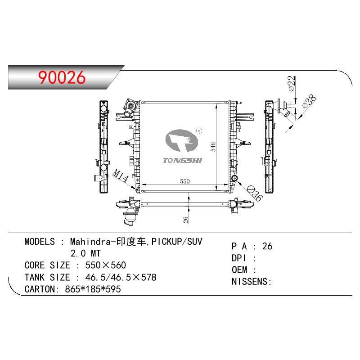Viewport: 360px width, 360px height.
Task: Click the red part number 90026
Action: point(62,77)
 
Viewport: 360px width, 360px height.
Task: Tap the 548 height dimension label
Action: point(213,147)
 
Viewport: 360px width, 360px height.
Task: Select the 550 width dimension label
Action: point(185,181)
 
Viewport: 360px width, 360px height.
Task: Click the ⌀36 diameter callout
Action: point(255,193)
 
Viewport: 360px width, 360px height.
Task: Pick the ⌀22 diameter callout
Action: point(292,83)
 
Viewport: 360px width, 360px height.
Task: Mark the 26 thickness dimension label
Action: point(186,220)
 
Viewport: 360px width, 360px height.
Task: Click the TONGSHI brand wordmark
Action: point(183,160)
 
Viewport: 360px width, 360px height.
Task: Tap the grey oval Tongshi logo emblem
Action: point(182,140)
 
